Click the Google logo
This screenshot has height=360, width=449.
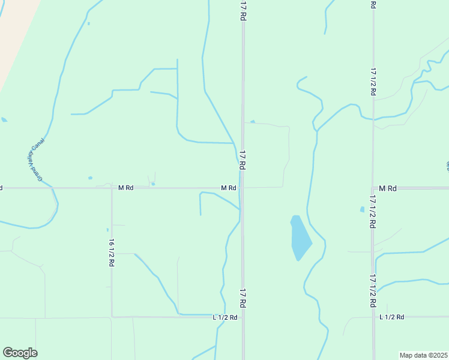[20, 353]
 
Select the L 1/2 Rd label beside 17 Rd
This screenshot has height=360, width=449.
[225, 317]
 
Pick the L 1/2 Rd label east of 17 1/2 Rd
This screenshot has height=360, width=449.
[392, 317]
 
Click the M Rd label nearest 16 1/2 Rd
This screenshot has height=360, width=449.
[125, 188]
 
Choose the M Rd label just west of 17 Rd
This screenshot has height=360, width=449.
[228, 188]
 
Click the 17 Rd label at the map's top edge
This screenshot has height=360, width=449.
[243, 11]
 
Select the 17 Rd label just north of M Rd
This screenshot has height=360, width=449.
[243, 160]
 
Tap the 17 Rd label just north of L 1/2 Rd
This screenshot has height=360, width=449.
[243, 298]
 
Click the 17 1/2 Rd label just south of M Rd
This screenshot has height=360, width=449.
[373, 211]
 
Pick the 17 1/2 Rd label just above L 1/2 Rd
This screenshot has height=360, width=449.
[373, 290]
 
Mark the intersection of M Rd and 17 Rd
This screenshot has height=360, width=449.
[243, 188]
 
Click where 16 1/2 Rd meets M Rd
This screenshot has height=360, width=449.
[112, 188]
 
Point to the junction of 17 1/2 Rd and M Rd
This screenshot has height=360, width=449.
[373, 188]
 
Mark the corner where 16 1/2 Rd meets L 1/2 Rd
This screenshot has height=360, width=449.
[112, 316]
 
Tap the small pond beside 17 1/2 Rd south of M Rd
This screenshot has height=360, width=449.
[362, 209]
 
